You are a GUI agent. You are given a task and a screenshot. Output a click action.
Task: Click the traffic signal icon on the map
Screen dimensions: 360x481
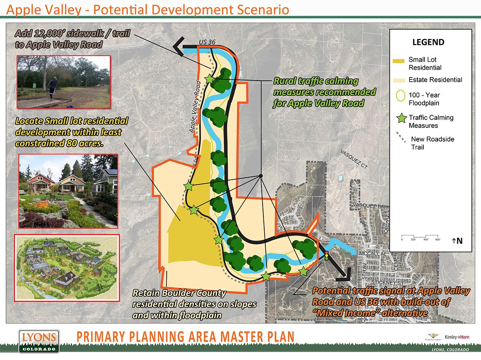click(x=327, y=256)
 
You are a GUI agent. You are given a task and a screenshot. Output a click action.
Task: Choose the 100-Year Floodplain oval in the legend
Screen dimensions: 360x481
click(x=399, y=96)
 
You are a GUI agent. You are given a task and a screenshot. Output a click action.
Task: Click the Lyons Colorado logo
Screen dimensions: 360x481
click(x=39, y=341)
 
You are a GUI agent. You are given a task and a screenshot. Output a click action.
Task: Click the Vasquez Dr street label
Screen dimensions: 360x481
click(x=368, y=206)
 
